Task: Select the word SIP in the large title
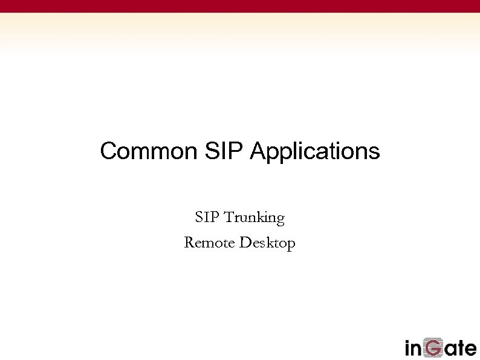tap(221, 151)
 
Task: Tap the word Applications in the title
tap(314, 151)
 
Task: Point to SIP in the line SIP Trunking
tap(207, 217)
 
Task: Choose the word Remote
tap(209, 243)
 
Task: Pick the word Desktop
tap(267, 244)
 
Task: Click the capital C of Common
tap(108, 151)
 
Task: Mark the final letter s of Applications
tap(375, 152)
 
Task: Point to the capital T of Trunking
tap(229, 217)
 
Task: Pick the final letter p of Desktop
tap(291, 246)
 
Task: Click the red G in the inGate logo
tap(433, 348)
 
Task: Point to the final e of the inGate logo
tap(470, 350)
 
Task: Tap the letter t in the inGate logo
tap(458, 349)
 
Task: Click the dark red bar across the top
tap(240, 6)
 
